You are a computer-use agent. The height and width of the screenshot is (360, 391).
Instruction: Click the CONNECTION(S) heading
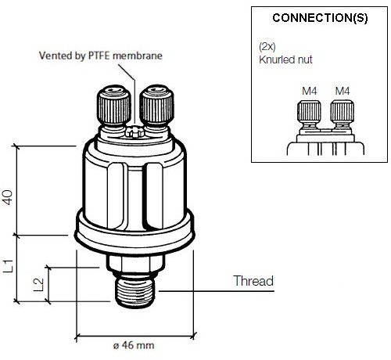click(320, 18)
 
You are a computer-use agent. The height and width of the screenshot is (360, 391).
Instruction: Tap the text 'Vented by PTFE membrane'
click(101, 56)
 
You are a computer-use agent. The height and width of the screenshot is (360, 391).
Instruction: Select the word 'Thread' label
click(253, 281)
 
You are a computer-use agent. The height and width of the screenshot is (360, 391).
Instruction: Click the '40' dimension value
click(8, 197)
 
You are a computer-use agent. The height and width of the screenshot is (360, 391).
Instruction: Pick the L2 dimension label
click(38, 285)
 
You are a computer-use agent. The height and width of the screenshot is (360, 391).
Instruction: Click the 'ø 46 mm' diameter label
click(134, 345)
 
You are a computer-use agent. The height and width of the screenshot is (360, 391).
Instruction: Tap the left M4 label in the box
click(310, 91)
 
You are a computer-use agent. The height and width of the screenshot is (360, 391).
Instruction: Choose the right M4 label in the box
click(343, 91)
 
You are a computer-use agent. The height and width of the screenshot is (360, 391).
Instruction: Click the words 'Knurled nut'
click(285, 59)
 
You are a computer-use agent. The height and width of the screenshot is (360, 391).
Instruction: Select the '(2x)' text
click(267, 47)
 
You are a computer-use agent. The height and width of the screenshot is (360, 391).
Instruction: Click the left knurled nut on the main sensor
click(114, 105)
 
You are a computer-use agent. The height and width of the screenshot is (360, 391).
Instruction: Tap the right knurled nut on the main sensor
click(156, 105)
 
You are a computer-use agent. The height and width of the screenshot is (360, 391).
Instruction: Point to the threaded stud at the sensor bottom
click(135, 292)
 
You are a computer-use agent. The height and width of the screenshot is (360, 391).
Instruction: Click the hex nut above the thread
click(135, 264)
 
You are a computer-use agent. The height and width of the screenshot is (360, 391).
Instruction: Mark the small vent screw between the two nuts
click(135, 131)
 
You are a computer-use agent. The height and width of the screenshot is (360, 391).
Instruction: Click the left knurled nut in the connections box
click(309, 112)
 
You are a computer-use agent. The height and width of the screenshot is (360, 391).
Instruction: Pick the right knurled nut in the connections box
click(342, 112)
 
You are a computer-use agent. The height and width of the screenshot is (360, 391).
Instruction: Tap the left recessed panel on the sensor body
click(117, 196)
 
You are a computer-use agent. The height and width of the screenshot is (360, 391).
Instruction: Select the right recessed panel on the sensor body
click(154, 196)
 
